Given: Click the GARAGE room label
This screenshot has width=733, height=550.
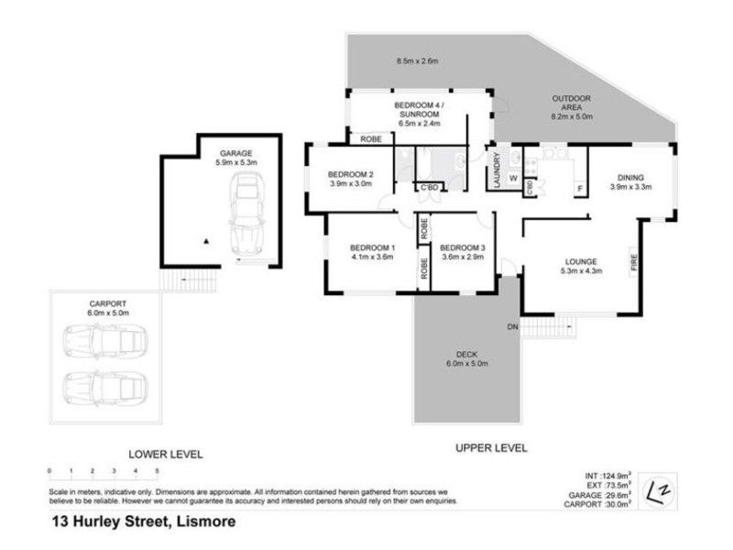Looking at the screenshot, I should click(235, 153).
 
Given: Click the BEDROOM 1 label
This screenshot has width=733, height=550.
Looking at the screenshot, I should click(372, 247).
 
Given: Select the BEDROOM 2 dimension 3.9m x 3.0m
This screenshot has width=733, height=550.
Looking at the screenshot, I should click(350, 184).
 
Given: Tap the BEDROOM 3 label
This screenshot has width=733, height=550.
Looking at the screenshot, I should click(462, 247).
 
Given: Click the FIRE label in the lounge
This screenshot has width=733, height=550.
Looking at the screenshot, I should click(632, 264).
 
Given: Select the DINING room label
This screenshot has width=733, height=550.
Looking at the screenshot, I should click(629, 177).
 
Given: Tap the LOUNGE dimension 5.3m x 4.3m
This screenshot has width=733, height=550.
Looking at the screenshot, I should click(580, 270).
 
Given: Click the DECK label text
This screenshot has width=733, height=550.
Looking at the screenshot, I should click(467, 355).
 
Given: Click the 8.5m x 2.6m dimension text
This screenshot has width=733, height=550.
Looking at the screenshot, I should click(418, 61).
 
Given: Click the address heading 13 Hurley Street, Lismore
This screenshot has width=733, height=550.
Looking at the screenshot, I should click(142, 522).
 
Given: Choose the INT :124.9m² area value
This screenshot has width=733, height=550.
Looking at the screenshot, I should click(606, 475).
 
